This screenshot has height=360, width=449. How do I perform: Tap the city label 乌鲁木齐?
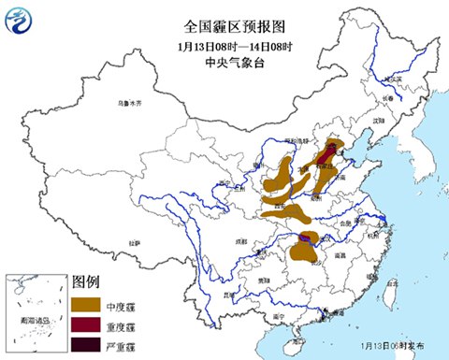pos(130,103)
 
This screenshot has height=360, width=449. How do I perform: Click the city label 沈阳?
pos(378,121)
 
